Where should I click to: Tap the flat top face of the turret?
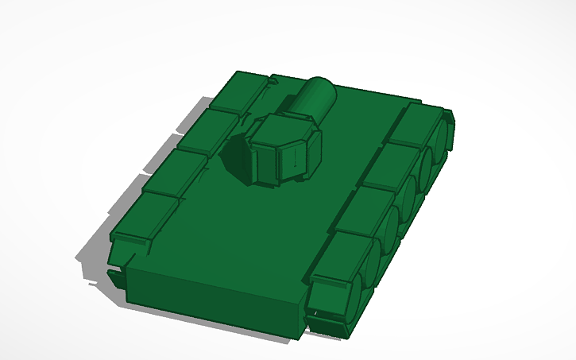point(283,128)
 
